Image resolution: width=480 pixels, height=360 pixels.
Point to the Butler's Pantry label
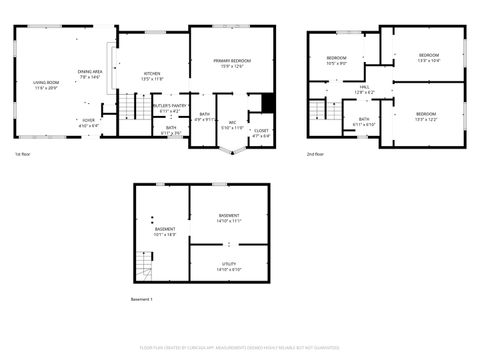click(x=170, y=107)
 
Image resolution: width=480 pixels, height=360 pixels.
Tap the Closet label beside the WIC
click(x=260, y=132)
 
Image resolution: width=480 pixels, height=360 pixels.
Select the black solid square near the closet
click(x=267, y=102)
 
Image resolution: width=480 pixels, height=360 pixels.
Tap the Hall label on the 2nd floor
click(x=365, y=89)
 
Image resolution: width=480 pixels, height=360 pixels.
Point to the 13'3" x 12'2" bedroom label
click(x=427, y=116)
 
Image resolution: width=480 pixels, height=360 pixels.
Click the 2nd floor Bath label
click(x=363, y=122)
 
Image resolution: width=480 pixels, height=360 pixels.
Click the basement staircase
click(x=146, y=265)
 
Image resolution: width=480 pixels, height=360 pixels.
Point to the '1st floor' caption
click(x=23, y=154)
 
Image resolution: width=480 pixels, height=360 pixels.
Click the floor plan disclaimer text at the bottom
click(x=240, y=349)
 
